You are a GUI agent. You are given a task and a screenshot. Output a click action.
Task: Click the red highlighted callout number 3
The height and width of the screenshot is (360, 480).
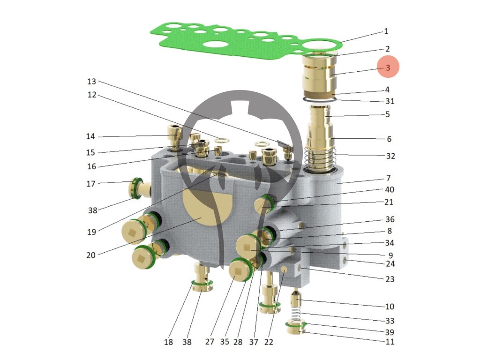click(388, 67)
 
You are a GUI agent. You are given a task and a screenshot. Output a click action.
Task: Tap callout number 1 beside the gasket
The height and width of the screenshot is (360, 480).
click(386, 32)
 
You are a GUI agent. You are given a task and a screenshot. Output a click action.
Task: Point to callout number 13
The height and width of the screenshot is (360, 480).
click(92, 81)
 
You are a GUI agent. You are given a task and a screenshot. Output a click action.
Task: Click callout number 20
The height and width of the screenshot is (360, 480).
click(90, 255)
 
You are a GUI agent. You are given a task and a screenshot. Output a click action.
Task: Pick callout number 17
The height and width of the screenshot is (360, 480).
click(90, 184)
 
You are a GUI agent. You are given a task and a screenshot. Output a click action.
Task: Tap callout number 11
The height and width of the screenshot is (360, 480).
click(390, 342)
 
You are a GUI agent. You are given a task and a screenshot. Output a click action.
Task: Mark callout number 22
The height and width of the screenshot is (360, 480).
click(268, 342)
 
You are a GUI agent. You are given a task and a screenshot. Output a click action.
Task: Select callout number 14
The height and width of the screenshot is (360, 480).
click(90, 137)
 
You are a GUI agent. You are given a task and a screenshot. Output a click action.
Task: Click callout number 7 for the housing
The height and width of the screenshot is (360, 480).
click(389, 178)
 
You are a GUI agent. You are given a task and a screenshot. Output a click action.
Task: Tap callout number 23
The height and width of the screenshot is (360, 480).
click(390, 279)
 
